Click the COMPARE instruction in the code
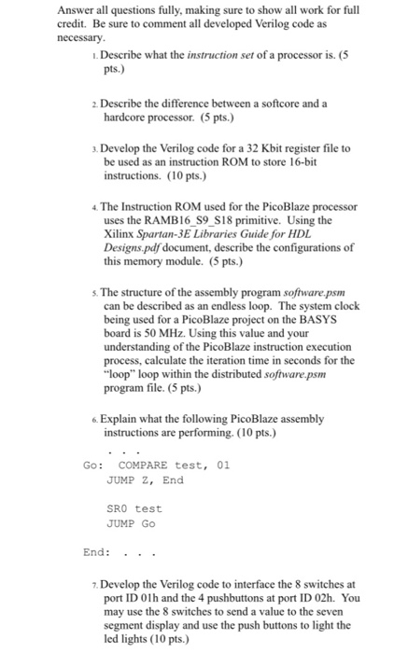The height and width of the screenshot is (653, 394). (x=143, y=465)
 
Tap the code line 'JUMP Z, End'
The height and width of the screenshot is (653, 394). (x=145, y=479)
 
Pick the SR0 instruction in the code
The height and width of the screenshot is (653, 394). (x=118, y=508)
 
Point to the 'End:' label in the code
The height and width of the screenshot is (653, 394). (x=96, y=552)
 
